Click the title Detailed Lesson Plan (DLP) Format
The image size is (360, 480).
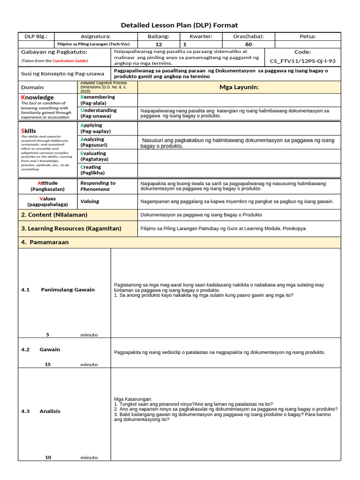180,25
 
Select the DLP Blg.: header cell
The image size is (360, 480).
36,37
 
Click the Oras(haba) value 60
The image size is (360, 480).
248,44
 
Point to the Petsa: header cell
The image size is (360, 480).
307,37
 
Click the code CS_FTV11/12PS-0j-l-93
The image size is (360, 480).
302,61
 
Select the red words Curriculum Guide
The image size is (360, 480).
69,61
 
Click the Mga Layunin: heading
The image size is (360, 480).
239,87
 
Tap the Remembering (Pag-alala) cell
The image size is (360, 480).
97,100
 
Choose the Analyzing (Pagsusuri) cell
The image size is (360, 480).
93,142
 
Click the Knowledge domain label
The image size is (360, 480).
37,97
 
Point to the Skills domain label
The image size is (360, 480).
29,131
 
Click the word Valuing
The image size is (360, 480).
90,202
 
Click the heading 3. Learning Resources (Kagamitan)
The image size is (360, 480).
71,229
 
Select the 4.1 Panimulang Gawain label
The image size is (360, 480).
58,290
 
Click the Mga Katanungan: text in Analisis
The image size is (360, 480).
133,399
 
